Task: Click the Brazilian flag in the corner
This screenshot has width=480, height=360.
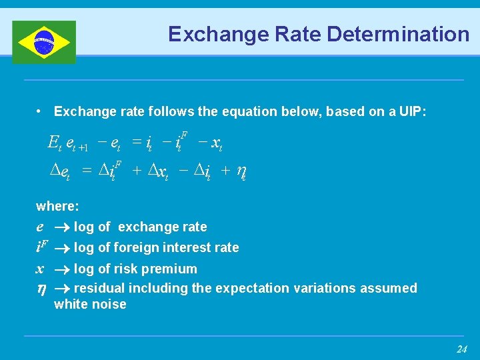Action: coord(44,42)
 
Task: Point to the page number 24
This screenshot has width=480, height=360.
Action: coord(461,349)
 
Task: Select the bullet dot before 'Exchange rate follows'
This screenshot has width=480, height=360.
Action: coord(41,111)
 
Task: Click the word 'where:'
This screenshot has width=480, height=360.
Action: coord(57,207)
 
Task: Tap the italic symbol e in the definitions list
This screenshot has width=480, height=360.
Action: coord(40,227)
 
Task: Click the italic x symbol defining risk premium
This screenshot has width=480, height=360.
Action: coord(40,269)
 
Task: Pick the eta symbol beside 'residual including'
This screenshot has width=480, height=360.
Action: coord(41,288)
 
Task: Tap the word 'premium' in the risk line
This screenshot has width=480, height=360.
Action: coord(173,269)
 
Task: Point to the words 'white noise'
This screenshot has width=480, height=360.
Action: coord(90,305)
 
